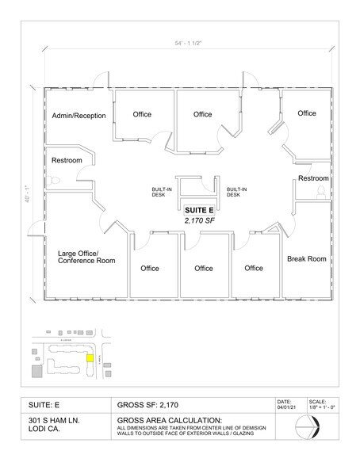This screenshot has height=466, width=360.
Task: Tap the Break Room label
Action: pyautogui.click(x=306, y=259)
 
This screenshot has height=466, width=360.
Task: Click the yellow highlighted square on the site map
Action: pyautogui.click(x=90, y=358)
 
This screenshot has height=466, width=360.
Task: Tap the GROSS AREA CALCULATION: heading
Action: pyautogui.click(x=170, y=419)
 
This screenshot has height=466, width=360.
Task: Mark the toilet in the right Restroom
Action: pyautogui.click(x=321, y=193)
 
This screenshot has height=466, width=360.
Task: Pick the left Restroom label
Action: pyautogui.click(x=67, y=161)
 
